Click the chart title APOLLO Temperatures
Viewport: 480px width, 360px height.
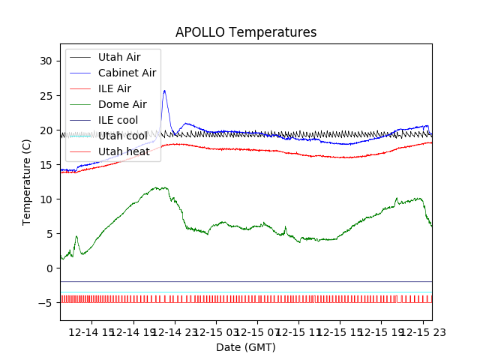tap(246, 33)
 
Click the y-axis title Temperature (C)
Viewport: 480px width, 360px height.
tap(27, 181)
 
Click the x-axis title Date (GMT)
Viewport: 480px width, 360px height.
tap(246, 347)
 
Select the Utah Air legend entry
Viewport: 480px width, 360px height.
tap(118, 57)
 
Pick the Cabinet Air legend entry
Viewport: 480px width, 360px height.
tap(127, 73)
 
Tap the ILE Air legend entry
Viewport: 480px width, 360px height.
tap(114, 88)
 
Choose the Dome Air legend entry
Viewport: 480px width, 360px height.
tap(122, 104)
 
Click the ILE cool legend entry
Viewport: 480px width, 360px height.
tap(118, 120)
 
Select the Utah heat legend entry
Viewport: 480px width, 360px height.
tap(124, 151)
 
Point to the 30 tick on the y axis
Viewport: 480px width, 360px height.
tap(48, 61)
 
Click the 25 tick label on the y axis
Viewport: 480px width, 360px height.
tap(48, 95)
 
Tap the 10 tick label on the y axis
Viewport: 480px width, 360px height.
tap(48, 199)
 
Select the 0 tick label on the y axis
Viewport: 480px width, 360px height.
tap(51, 268)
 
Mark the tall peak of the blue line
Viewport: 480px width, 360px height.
tap(164, 91)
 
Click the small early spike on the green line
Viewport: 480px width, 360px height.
tap(76, 237)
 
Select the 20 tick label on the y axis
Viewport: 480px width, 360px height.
tap(48, 130)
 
